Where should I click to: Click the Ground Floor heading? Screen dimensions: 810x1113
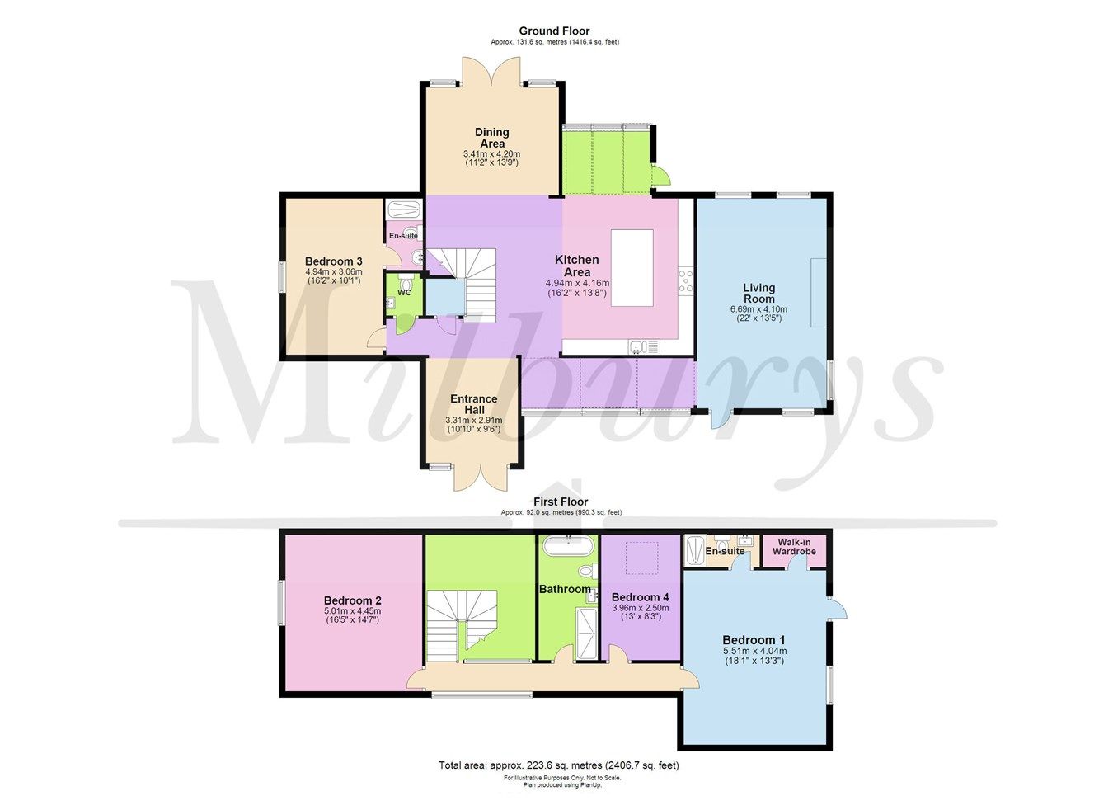[x=554, y=31]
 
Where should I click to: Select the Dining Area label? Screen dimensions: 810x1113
[x=491, y=138]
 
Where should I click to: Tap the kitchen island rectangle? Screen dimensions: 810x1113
[x=632, y=268]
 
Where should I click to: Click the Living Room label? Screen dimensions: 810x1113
[x=758, y=294]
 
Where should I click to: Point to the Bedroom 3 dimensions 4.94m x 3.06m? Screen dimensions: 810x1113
[x=333, y=271]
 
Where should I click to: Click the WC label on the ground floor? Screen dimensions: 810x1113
[x=404, y=292]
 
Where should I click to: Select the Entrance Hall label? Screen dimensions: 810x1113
[x=473, y=404]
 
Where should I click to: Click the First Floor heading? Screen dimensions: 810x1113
[x=561, y=502]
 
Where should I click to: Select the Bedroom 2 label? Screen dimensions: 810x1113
[x=352, y=600]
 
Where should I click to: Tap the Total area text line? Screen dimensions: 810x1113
[x=558, y=765]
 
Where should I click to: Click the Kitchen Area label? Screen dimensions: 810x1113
[x=576, y=266]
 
